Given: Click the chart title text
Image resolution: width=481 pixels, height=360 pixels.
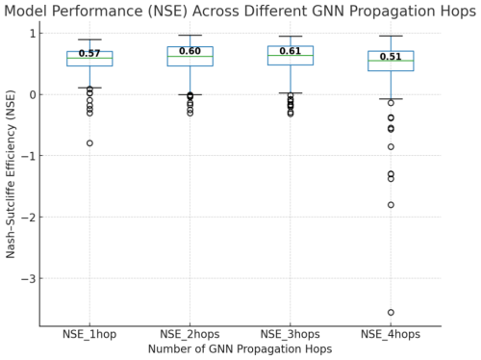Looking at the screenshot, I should [x=240, y=11].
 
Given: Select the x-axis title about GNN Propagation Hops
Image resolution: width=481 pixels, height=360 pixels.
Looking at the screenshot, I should [x=240, y=348].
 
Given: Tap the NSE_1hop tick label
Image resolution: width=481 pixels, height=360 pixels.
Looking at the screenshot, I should [x=89, y=334].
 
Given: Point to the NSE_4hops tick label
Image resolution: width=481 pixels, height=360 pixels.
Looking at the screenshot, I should [x=391, y=334].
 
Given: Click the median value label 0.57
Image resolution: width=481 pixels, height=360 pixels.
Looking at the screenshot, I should [x=89, y=54].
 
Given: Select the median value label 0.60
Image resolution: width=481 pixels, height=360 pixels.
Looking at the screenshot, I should [x=190, y=51].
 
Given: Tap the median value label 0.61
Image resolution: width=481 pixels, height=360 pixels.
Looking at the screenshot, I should [x=290, y=51].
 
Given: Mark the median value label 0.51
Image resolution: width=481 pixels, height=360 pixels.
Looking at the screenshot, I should [x=391, y=57].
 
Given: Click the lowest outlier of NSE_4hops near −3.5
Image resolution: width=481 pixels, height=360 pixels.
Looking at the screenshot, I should [x=391, y=312].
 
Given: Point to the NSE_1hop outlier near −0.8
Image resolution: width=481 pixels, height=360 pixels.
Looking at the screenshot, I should [x=89, y=142].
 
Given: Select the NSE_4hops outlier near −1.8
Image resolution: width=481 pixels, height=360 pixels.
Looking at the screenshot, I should [x=391, y=205].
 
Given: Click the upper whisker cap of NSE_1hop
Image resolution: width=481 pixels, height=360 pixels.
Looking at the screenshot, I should [x=89, y=39].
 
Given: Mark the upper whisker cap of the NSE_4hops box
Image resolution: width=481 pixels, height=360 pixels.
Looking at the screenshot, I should [x=391, y=36].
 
